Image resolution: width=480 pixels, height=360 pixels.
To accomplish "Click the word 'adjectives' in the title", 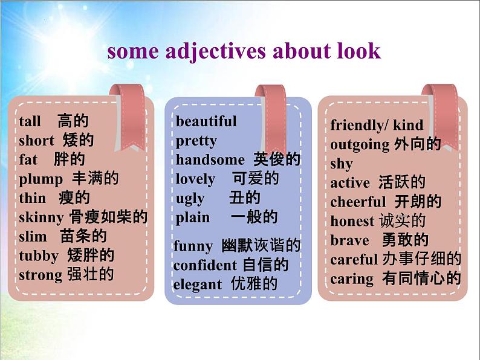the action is (x=215, y=51).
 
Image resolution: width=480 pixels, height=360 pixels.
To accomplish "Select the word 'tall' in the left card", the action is (x=30, y=121).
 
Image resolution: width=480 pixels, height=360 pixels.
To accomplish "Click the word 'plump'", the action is (x=41, y=179).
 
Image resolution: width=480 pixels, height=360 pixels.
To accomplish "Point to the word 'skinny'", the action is (x=41, y=218).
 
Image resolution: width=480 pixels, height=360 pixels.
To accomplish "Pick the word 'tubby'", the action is (x=39, y=256).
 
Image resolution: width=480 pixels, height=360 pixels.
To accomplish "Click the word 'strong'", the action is (x=41, y=275).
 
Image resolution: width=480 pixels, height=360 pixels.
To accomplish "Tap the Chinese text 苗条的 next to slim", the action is (x=83, y=236).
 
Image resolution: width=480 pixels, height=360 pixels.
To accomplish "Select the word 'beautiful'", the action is (x=206, y=121).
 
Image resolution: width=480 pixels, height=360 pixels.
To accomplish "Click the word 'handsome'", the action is (x=210, y=159).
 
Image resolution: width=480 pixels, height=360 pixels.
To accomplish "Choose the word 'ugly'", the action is (x=190, y=199).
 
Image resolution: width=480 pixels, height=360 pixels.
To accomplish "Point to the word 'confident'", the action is (x=205, y=265).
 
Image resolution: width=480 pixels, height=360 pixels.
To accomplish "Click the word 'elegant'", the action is (x=198, y=284).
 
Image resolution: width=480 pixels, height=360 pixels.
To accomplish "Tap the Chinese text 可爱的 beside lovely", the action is (x=255, y=179).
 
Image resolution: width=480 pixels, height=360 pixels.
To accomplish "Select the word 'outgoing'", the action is (x=360, y=145).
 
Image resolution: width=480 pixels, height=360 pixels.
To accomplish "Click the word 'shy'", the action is (x=342, y=164).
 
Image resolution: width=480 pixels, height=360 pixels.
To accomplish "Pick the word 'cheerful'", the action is (x=358, y=202).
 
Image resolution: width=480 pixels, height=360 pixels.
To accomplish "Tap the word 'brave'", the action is (x=349, y=240).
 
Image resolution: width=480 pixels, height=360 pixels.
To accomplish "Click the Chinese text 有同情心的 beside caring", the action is (x=421, y=278).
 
